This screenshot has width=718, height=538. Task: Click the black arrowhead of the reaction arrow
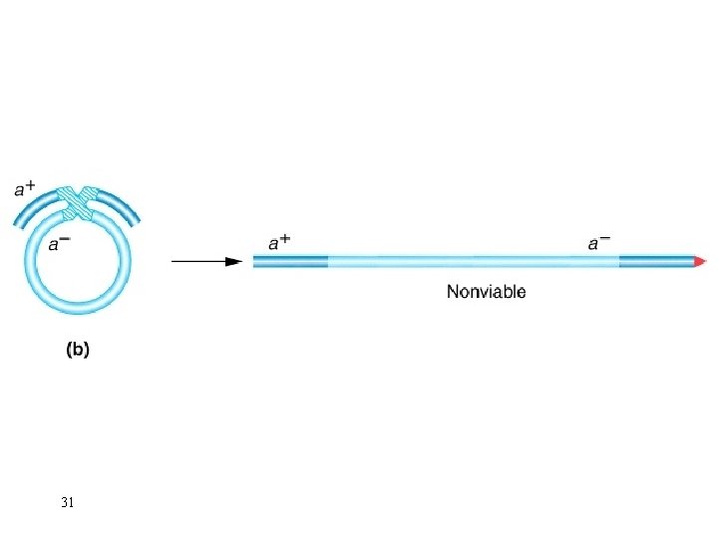234,262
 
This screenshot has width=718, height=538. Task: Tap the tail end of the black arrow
174,262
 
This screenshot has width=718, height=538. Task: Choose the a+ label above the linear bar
279,242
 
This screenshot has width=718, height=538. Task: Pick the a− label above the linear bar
598,242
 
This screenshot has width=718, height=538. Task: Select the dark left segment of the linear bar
290,262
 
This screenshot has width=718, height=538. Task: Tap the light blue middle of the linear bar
474,262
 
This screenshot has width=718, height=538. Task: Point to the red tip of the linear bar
701,262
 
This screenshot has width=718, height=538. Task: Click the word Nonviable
486,292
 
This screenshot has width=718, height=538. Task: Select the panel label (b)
77,350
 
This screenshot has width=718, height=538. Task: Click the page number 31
67,503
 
